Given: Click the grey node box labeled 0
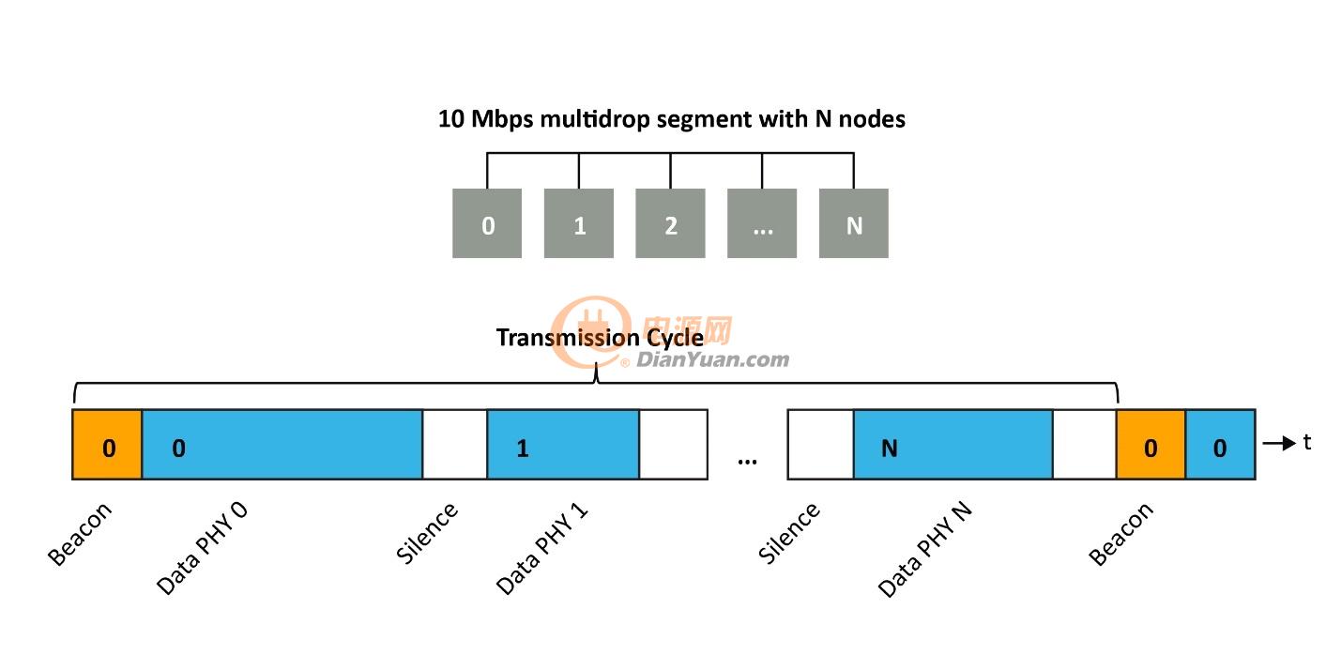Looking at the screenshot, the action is click(x=487, y=223).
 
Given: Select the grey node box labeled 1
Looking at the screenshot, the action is click(x=579, y=223).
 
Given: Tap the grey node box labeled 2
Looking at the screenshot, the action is click(x=670, y=223).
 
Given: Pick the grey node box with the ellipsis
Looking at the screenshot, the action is click(x=762, y=223).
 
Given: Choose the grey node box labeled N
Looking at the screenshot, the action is click(x=854, y=223).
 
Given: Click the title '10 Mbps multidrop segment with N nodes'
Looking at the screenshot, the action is click(x=672, y=119).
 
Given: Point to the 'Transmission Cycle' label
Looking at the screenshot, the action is click(x=600, y=339).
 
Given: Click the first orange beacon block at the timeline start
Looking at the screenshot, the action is click(x=107, y=445).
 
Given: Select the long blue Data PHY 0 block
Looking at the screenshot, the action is click(x=282, y=445).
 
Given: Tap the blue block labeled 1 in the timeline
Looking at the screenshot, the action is click(x=563, y=445).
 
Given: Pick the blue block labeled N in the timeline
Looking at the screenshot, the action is click(x=953, y=445).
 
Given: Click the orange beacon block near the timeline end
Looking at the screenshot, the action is click(x=1151, y=445).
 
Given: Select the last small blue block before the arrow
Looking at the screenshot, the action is click(x=1220, y=445).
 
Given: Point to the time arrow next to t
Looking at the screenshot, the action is click(x=1279, y=443).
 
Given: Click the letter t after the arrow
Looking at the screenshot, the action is click(x=1307, y=443).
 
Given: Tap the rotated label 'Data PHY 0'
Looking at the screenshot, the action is click(x=202, y=548).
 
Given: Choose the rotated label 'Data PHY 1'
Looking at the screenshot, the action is click(x=541, y=548).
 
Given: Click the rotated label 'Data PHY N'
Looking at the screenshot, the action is click(x=925, y=550).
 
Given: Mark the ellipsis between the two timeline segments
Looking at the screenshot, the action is click(x=747, y=461).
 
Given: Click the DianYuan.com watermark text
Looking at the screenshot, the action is click(x=712, y=359).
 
